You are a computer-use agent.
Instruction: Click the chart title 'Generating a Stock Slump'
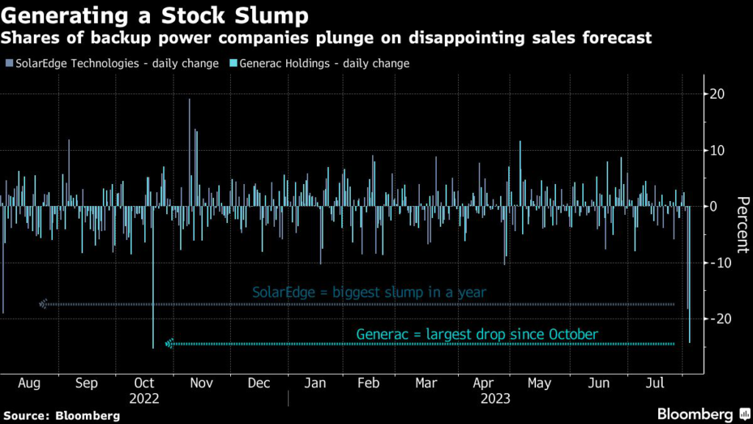tap(155, 15)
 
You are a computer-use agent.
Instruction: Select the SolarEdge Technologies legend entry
tap(115, 63)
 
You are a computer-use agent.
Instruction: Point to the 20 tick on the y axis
tap(718, 94)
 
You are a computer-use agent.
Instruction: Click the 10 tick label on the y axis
tap(718, 150)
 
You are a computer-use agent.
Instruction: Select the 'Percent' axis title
tap(742, 225)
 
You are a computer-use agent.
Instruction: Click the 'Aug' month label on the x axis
tap(29, 384)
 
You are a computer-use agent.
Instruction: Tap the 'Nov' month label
tap(201, 384)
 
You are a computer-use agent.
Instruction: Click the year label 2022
tap(144, 399)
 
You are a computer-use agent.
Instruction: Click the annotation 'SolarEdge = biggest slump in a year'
tap(369, 292)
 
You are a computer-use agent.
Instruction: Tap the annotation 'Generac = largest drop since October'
tap(477, 335)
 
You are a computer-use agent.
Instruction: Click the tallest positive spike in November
tap(190, 100)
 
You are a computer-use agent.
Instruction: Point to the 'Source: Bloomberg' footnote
tap(61, 416)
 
